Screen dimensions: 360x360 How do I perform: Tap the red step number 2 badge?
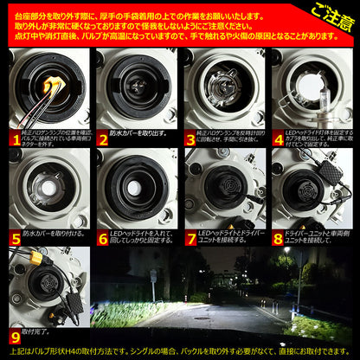point(102,138)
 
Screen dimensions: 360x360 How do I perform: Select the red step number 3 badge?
point(190,138)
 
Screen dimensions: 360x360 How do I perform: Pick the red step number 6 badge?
point(102,235)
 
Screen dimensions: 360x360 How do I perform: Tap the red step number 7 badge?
point(190,235)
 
